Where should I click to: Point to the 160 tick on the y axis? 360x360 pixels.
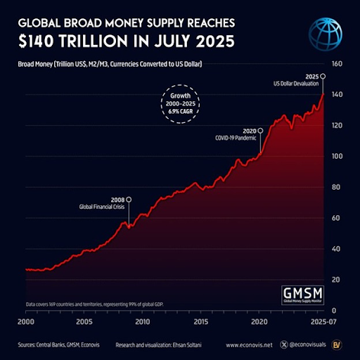click(336, 63)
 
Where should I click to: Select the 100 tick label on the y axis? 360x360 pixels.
click(336, 156)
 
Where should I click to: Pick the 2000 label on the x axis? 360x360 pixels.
click(25, 321)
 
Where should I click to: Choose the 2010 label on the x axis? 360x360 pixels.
click(142, 321)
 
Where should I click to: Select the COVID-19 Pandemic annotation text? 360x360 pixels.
click(236, 139)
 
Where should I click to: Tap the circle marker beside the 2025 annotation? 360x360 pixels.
click(323, 76)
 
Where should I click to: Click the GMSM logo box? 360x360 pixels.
click(299, 295)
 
